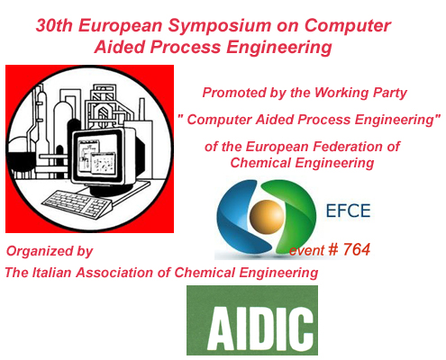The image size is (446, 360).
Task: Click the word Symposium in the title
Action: (220, 27)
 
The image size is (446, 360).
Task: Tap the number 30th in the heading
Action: (54, 25)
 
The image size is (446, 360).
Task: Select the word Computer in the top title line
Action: (348, 27)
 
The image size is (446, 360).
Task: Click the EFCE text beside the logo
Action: (348, 211)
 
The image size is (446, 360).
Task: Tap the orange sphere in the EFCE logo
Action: (267, 217)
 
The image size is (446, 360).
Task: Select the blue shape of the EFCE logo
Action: (237, 217)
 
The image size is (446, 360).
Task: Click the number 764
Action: (357, 249)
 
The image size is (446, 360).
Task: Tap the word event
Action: (306, 250)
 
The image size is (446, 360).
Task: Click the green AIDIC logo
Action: (252, 320)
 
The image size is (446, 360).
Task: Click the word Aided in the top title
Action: (120, 47)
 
